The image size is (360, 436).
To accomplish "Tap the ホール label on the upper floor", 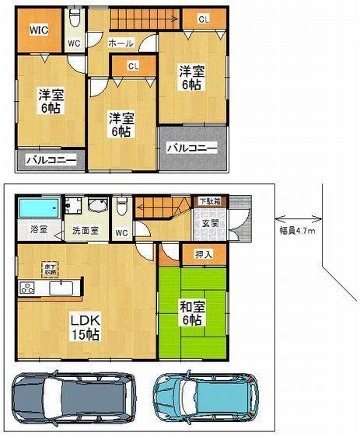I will click(121, 43).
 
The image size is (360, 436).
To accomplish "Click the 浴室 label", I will click(38, 230).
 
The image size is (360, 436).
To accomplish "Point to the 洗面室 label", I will click(86, 231).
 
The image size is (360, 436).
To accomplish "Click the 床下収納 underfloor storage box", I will click(49, 268).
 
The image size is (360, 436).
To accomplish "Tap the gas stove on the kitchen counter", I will click(26, 289).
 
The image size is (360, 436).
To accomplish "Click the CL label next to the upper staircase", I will click(202, 18).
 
